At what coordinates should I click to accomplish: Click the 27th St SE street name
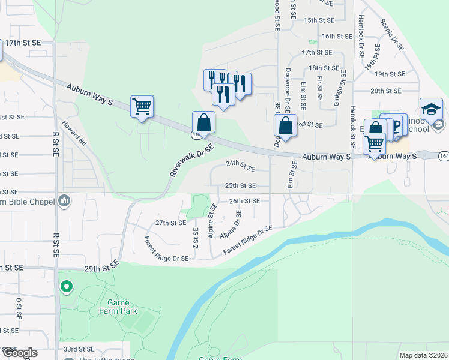pos(171,223)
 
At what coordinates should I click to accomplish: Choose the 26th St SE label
pos(244,201)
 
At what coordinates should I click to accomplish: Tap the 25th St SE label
pos(240,186)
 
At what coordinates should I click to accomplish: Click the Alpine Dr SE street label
pos(231,224)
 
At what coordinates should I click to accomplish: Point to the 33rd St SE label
pos(79,349)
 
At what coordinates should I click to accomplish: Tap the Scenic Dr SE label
pos(391,34)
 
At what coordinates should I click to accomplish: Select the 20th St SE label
pos(386,91)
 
